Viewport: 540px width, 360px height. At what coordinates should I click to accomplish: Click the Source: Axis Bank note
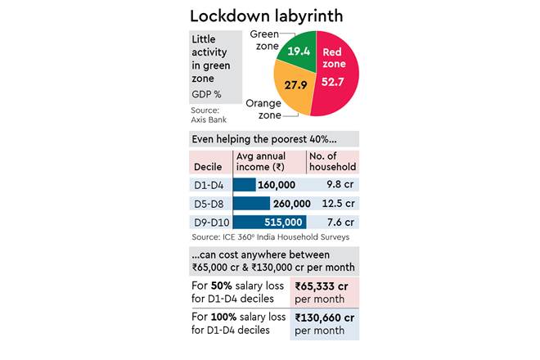point(209,115)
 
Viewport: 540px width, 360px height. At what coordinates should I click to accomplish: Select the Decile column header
point(208,166)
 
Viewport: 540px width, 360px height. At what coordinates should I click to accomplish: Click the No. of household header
point(331,161)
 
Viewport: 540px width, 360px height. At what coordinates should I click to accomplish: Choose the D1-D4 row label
point(209,185)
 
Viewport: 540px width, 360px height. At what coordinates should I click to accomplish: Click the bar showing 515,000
point(269,222)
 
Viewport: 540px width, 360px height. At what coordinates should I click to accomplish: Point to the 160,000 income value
point(277,185)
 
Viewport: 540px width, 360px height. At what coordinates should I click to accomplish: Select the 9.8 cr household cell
point(338,185)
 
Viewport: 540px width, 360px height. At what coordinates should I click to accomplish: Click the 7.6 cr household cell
point(338,222)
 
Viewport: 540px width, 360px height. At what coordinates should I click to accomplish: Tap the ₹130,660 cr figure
point(325,317)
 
